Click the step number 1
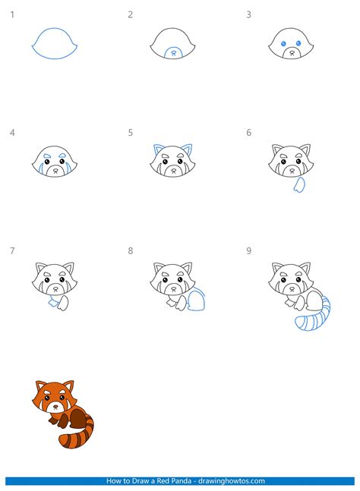(12, 14)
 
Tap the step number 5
(131, 133)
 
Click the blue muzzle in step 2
(174, 52)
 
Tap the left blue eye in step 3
(285, 44)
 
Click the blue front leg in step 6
(299, 184)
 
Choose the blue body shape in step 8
(199, 301)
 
